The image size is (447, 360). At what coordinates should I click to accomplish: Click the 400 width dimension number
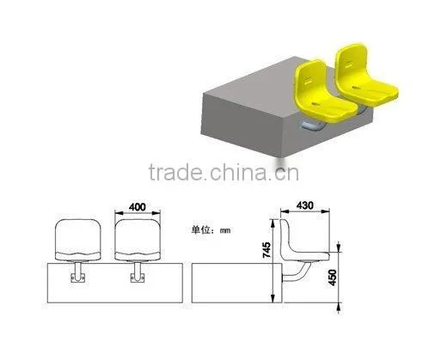pyautogui.click(x=138, y=207)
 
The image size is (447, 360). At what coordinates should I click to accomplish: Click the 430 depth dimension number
pyautogui.click(x=305, y=205)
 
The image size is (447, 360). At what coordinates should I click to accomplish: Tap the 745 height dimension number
pyautogui.click(x=266, y=250)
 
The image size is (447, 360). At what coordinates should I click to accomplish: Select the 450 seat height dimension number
pyautogui.click(x=333, y=278)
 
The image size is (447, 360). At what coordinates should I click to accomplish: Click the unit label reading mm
pyautogui.click(x=225, y=230)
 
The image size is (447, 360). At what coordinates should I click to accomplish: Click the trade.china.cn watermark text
pyautogui.click(x=223, y=173)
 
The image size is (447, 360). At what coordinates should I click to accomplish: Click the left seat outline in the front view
pyautogui.click(x=78, y=240)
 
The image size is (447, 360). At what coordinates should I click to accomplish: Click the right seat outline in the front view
pyautogui.click(x=138, y=240)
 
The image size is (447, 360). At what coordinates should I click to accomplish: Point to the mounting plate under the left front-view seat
pyautogui.click(x=78, y=278)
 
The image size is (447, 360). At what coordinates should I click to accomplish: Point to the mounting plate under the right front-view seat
pyautogui.click(x=138, y=278)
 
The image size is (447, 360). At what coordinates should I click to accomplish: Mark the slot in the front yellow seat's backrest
pyautogui.click(x=309, y=80)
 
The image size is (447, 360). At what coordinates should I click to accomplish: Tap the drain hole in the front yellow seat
pyautogui.click(x=315, y=104)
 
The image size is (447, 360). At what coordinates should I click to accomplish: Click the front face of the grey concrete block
pyautogui.click(x=242, y=122)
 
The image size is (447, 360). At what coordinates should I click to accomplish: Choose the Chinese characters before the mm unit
pyautogui.click(x=201, y=230)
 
